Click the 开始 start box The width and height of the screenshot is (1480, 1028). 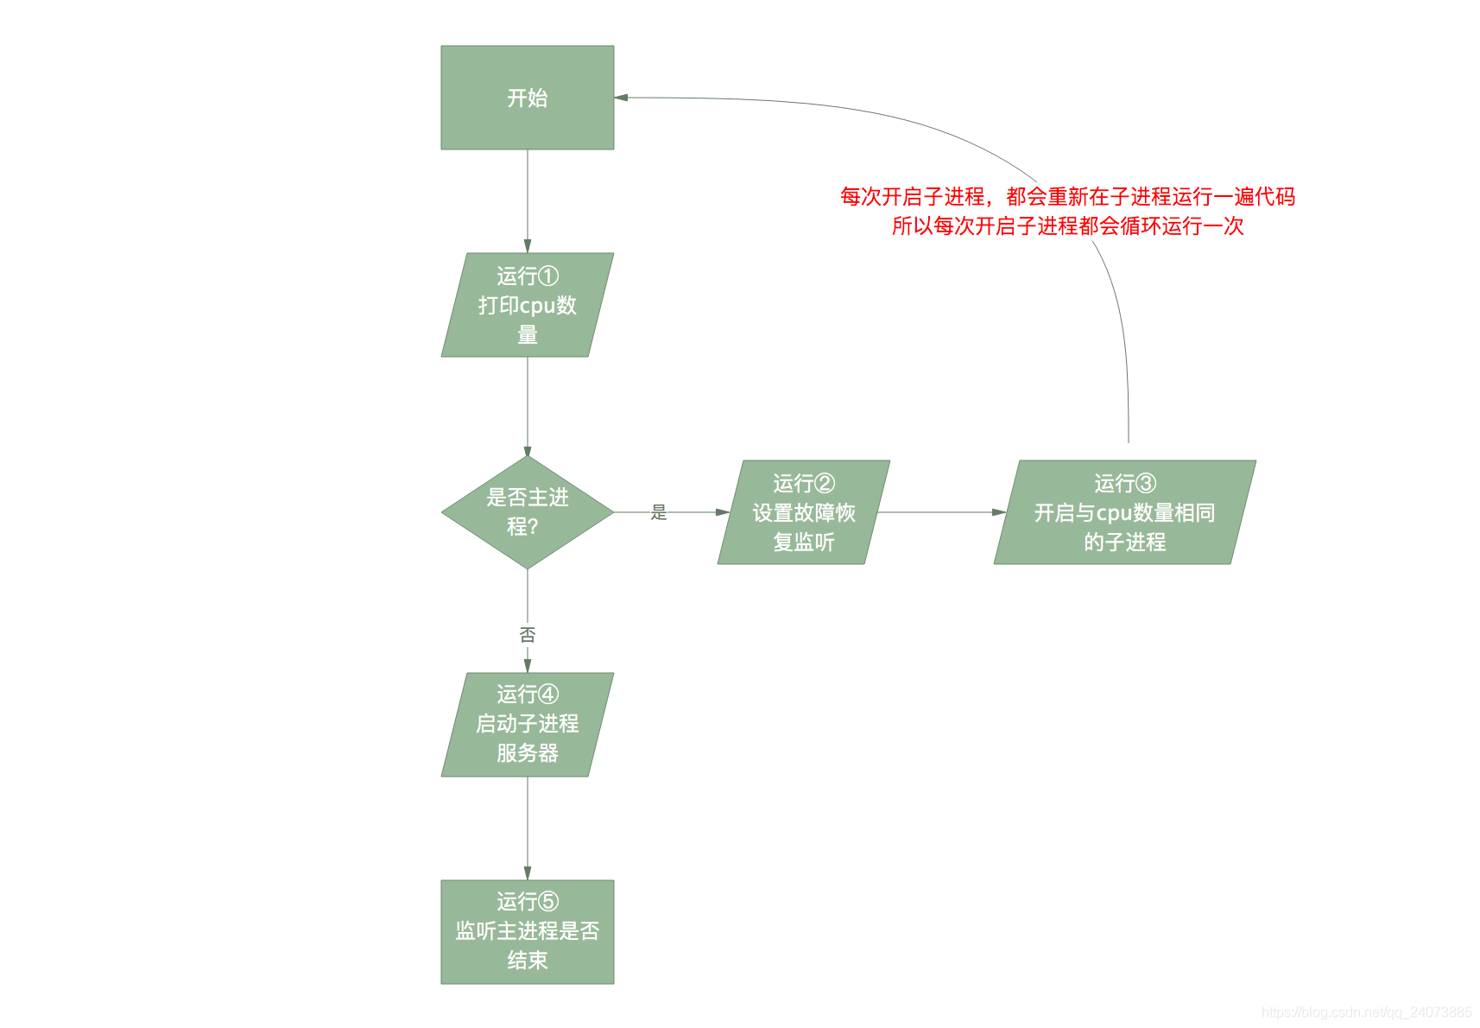(527, 98)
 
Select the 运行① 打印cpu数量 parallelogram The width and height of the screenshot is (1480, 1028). (527, 305)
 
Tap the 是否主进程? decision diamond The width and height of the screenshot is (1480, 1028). (527, 511)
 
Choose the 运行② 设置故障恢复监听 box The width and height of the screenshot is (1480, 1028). (803, 512)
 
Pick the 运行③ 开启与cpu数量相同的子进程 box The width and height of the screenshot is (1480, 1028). (1124, 512)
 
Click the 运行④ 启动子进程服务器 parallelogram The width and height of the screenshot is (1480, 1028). (527, 724)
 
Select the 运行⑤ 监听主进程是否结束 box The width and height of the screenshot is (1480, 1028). (527, 931)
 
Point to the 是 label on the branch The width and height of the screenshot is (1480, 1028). (659, 512)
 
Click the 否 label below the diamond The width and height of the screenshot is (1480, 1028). (527, 635)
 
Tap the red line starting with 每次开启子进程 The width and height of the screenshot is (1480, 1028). (1067, 197)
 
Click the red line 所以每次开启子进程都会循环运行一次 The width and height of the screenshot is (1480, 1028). (1067, 226)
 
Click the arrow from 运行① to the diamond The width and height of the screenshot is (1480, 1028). (527, 406)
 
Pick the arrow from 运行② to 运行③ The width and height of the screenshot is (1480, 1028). (941, 512)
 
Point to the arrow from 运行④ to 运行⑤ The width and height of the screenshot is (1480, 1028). (527, 828)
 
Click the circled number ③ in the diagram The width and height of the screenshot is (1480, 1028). (1146, 483)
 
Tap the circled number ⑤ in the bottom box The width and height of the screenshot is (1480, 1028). (548, 902)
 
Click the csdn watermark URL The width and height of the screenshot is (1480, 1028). (1366, 1012)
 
